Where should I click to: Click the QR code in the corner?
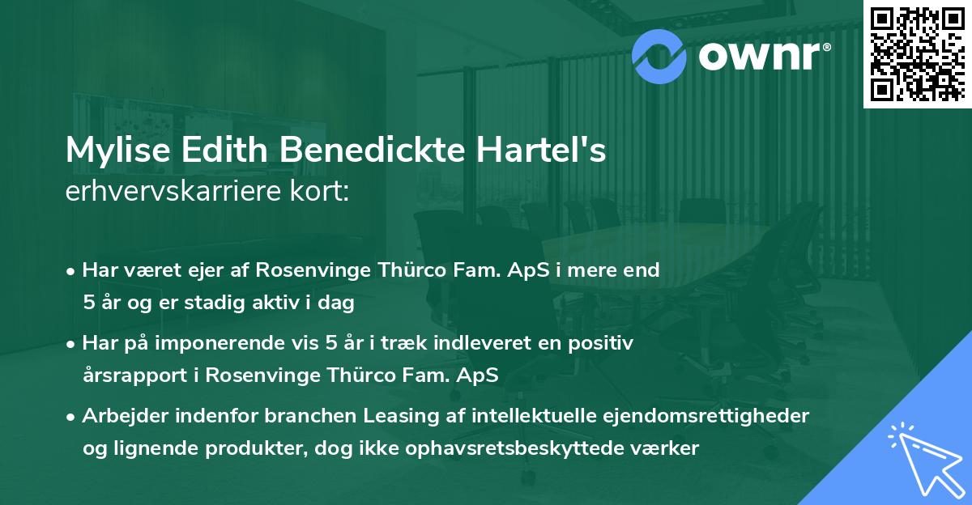(x=917, y=53)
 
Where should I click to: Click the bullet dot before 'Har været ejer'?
(x=72, y=271)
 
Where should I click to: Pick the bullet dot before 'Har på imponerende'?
(x=72, y=344)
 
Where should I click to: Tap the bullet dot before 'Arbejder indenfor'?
(x=72, y=417)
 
